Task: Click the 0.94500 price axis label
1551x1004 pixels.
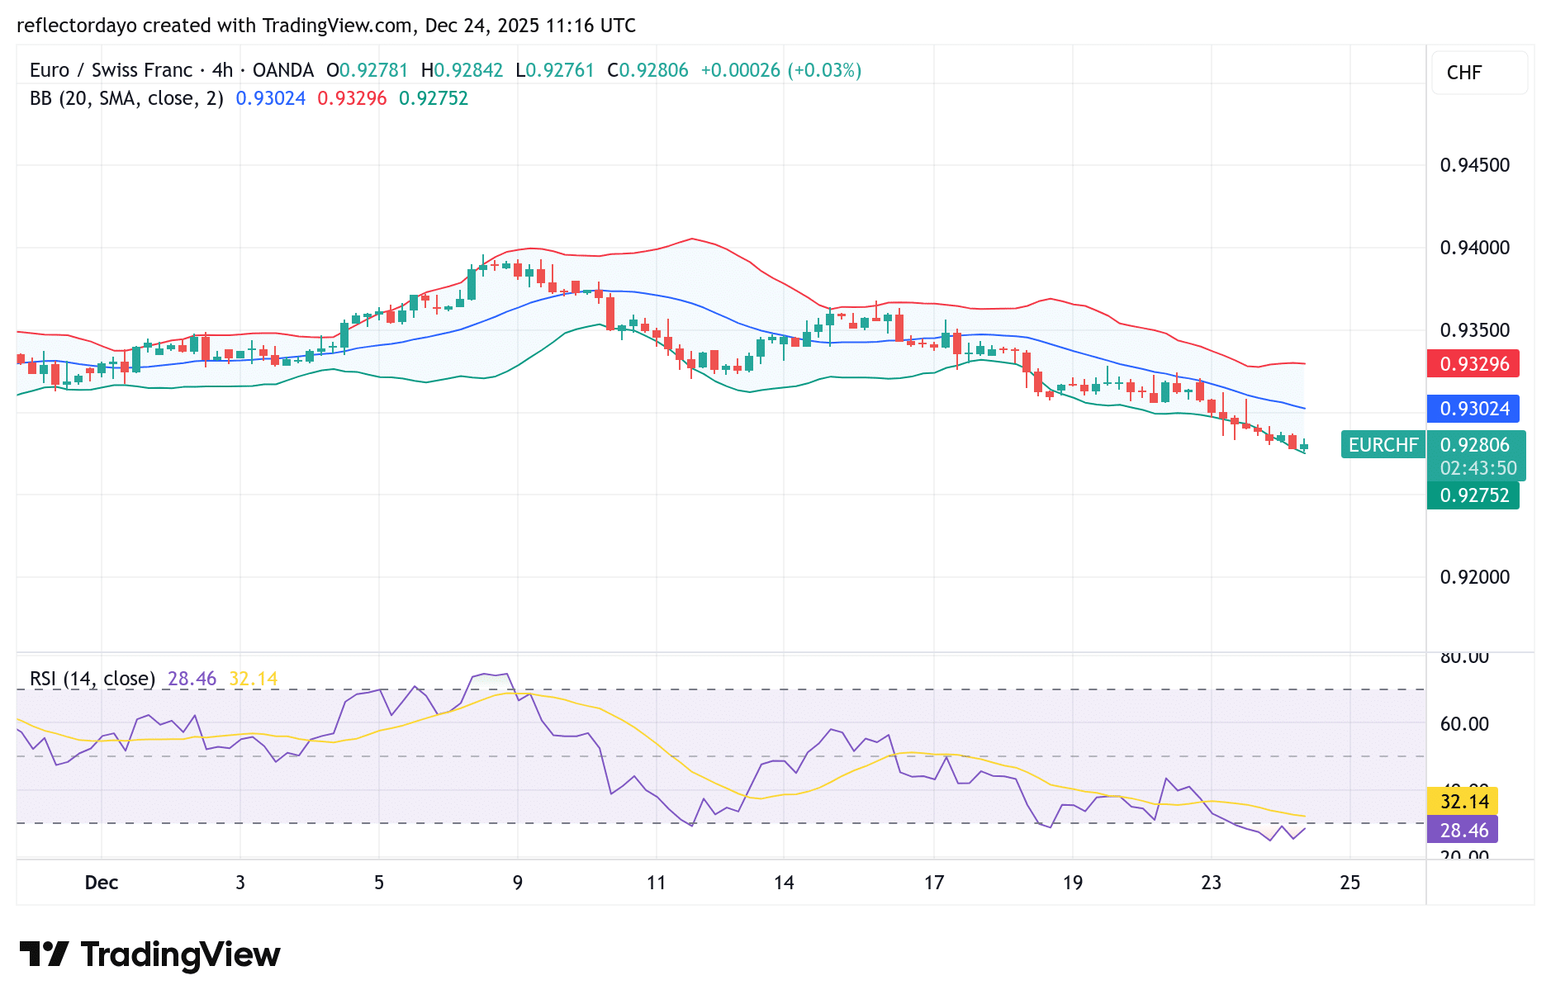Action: click(1474, 165)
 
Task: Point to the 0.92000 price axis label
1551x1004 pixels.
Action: click(1474, 577)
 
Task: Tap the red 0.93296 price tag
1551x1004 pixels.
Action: click(1473, 364)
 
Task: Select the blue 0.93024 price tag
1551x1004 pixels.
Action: click(1473, 409)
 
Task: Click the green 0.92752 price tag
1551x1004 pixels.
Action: click(1473, 495)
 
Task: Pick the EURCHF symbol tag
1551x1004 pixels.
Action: click(1383, 445)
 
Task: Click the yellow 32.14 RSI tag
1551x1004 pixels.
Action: click(1463, 801)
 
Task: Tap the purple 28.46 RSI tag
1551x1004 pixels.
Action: click(1463, 830)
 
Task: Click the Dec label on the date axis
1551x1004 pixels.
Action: click(102, 883)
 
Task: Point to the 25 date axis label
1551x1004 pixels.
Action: click(1349, 883)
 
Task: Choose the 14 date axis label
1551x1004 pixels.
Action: click(784, 883)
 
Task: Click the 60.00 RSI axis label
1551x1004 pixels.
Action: click(1464, 724)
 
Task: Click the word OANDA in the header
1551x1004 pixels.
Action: click(282, 70)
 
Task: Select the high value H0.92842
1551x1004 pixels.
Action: click(462, 70)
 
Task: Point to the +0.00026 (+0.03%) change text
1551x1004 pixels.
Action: click(780, 70)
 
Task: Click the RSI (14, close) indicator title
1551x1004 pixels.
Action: click(92, 679)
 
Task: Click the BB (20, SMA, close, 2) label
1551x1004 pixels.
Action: click(126, 98)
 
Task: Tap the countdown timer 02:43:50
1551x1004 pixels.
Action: click(1477, 468)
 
